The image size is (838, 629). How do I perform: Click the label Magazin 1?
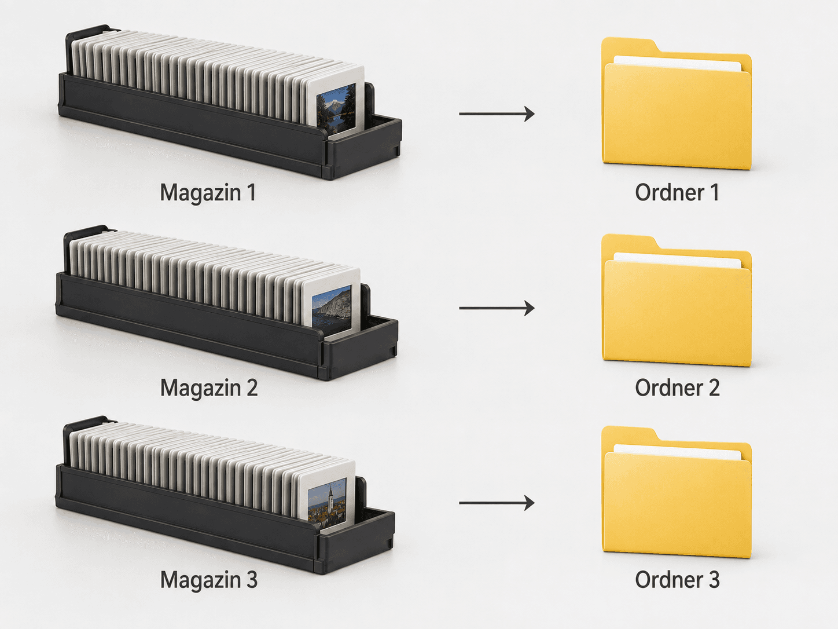(208, 193)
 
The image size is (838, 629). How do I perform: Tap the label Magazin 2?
(209, 389)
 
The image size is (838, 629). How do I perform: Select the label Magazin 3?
(209, 580)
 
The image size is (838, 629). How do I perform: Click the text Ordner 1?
(677, 192)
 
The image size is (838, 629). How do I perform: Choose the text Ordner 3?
(677, 580)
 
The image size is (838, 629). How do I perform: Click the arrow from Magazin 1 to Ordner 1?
(497, 114)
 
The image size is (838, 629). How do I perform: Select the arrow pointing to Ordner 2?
(497, 308)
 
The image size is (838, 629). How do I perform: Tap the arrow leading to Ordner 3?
(497, 503)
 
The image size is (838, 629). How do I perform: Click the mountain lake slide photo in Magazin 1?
(336, 108)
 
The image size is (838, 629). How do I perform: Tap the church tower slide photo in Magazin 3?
(327, 500)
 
